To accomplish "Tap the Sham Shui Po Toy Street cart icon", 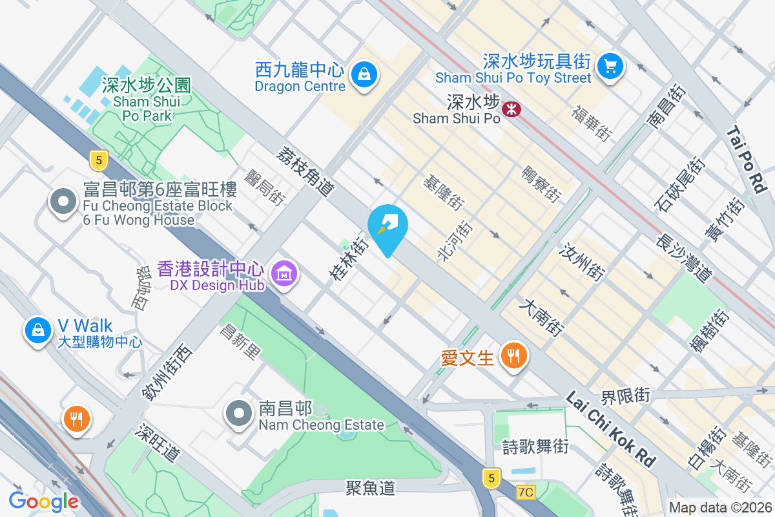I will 609,65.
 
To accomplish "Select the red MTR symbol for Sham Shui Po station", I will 512,109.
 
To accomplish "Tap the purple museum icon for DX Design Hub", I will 284,274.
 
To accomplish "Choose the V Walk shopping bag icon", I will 38,330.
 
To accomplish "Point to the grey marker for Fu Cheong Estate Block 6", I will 63,202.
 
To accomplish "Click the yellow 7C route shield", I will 526,492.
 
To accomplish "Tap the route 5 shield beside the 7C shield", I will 491,478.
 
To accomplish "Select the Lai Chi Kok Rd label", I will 611,428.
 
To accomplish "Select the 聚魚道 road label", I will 370,487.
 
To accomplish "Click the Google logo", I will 43,501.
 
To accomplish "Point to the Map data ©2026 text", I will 719,508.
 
